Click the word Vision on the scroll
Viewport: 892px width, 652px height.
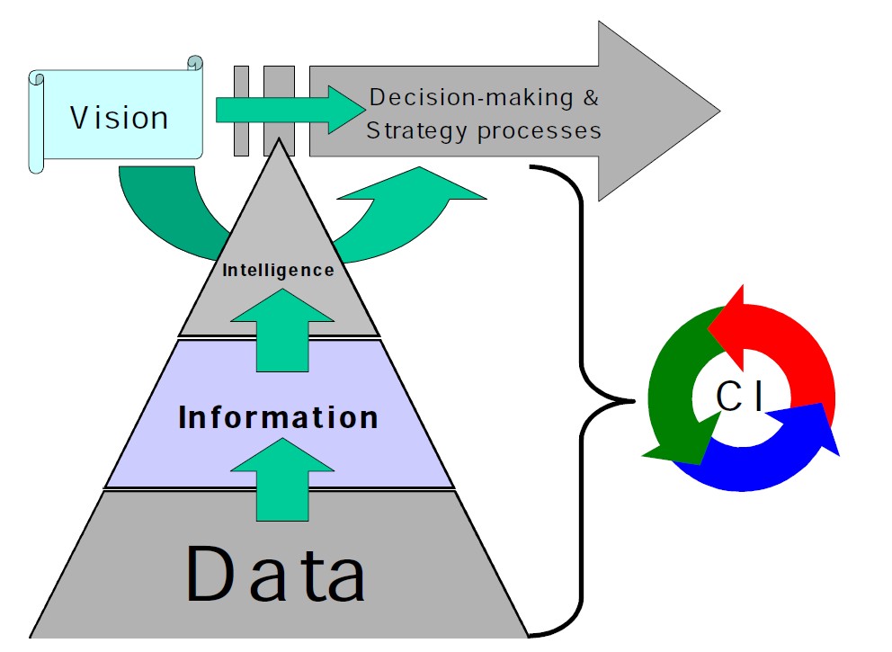[x=120, y=118]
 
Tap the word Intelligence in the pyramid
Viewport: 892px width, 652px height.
[x=278, y=269]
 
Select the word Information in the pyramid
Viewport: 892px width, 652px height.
[x=278, y=417]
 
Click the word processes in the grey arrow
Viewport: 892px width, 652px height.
[x=539, y=130]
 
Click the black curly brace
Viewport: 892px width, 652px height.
[x=584, y=396]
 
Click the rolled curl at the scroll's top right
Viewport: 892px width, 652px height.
[x=194, y=64]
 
